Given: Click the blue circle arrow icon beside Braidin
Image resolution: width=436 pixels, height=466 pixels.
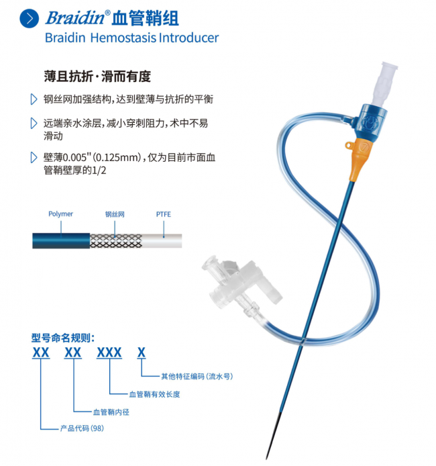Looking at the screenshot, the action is point(29,18).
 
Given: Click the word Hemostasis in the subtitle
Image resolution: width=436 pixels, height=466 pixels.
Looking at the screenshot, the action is point(123,38).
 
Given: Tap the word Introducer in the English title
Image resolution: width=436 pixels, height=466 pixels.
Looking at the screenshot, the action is point(188,38).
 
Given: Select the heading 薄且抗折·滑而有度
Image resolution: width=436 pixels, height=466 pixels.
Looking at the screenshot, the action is point(97,76).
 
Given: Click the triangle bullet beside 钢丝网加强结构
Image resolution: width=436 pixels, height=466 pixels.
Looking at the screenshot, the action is point(34,99).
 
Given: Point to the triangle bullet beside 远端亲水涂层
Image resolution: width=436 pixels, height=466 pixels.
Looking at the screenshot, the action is point(34,123).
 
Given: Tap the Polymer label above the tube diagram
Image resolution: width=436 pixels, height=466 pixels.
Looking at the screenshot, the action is point(60,214).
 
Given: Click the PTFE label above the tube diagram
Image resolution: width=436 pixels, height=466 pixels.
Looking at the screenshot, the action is point(164,214).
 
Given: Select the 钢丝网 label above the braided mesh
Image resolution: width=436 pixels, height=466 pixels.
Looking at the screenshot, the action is point(115,214).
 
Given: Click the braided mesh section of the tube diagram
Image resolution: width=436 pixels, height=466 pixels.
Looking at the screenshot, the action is point(116,241).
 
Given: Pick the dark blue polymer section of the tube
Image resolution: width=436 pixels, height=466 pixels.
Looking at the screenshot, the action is point(61,241).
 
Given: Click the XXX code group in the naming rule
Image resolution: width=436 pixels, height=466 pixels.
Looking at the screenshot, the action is point(109,353).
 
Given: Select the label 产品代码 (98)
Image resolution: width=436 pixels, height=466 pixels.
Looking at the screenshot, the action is point(82,428).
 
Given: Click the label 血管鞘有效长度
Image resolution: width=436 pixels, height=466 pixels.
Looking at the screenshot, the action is point(155,394).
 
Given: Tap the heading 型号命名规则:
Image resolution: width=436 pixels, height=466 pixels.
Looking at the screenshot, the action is point(63,338).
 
